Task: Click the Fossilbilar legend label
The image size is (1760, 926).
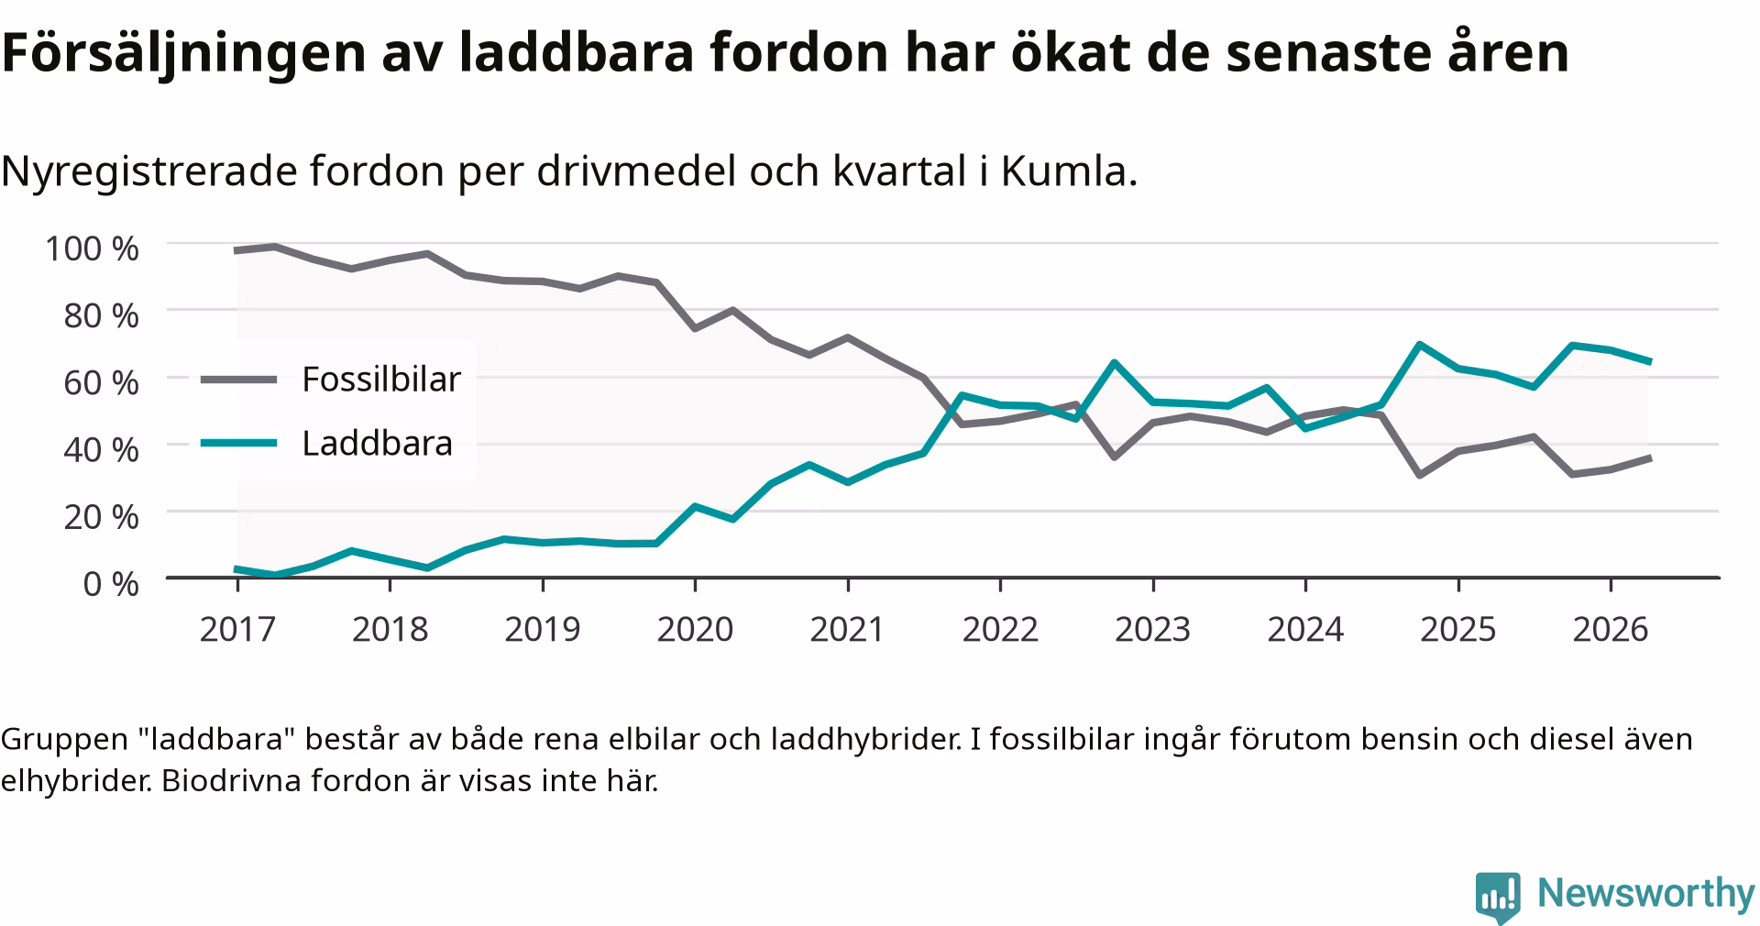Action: (381, 379)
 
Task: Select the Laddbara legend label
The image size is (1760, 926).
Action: (378, 444)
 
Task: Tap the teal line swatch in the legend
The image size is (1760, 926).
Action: (238, 444)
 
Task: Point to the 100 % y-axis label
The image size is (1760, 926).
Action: (92, 248)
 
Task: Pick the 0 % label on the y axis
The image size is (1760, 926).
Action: (111, 583)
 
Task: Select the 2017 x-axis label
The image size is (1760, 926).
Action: (237, 629)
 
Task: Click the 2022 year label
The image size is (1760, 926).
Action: (1000, 629)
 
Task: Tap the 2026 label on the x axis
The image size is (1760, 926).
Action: (1611, 629)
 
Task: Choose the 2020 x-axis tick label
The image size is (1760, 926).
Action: (695, 629)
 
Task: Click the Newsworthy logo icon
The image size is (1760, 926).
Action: (1498, 897)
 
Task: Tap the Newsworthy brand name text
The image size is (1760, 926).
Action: (1645, 892)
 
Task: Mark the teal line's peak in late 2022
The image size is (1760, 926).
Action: (1114, 362)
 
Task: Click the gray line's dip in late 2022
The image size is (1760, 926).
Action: (1114, 457)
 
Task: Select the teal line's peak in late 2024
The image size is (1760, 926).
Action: (1419, 345)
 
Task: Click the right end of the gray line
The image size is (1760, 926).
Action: (1649, 457)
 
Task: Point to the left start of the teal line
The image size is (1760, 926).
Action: (237, 569)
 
